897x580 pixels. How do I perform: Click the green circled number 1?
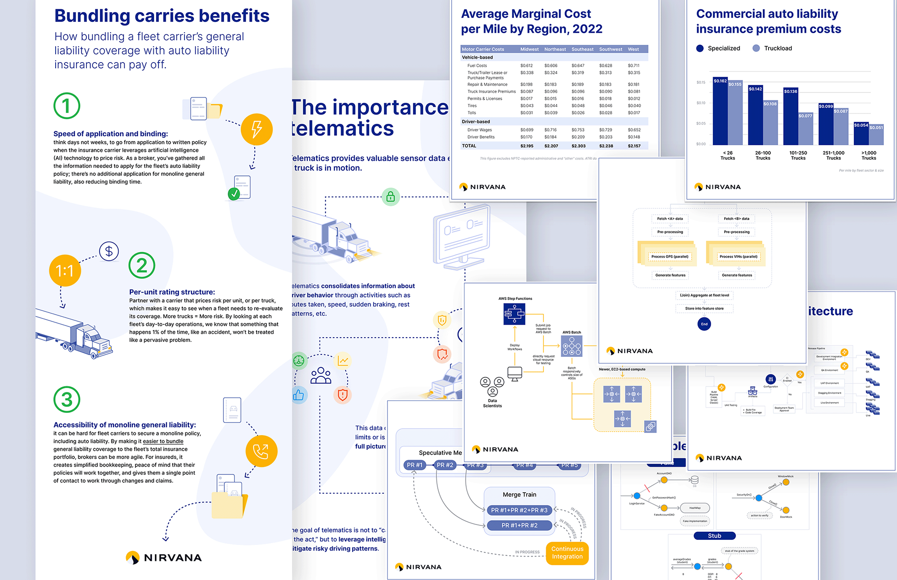(x=67, y=106)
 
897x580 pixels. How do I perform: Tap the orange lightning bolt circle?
(x=256, y=129)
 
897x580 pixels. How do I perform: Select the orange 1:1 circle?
(x=65, y=270)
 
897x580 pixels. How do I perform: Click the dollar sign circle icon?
(x=109, y=251)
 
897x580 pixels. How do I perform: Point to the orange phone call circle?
(x=261, y=451)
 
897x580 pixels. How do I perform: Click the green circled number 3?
(x=67, y=399)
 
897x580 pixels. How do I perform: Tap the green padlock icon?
(x=391, y=197)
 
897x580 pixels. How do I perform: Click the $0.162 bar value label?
(x=720, y=81)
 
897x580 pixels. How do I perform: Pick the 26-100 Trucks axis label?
(x=763, y=156)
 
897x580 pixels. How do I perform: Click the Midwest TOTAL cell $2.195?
(x=527, y=146)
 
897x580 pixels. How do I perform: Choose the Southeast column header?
(x=582, y=49)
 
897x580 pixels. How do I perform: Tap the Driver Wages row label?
(x=479, y=130)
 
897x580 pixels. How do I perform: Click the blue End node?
(x=704, y=324)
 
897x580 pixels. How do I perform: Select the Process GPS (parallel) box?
(x=669, y=256)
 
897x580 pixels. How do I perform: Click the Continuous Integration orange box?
(x=567, y=552)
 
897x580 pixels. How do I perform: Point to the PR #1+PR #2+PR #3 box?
(x=519, y=510)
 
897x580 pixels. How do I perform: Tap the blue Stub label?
(x=714, y=536)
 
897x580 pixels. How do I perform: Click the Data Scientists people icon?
(x=492, y=386)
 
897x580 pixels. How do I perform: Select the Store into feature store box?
(x=704, y=308)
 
